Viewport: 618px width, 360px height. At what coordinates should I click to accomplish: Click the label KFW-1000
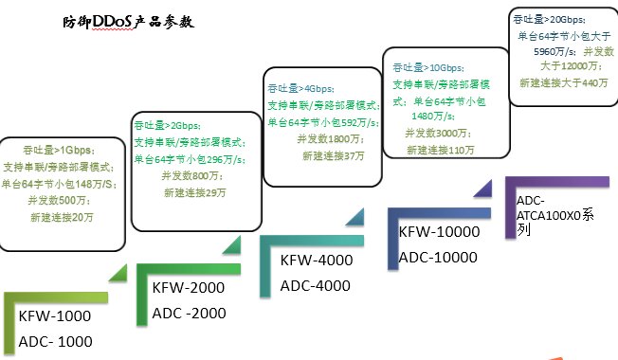56,316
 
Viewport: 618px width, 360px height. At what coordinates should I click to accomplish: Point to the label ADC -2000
191,313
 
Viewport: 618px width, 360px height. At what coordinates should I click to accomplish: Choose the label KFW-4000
318,261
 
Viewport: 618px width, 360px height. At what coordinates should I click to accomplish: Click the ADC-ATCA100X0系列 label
555,215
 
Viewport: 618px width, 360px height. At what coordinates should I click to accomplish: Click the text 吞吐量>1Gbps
62,150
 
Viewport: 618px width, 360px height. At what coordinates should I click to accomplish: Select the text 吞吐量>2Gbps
167,125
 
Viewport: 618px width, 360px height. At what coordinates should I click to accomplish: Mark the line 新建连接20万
62,217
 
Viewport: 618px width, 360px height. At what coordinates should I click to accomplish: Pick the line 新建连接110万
441,150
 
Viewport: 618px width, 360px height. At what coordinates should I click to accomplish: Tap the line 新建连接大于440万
564,83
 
